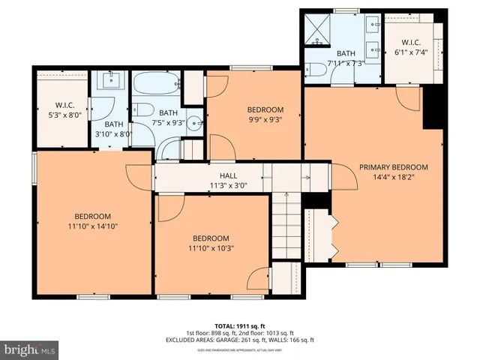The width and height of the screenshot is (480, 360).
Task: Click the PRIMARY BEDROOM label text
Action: [x=393, y=167]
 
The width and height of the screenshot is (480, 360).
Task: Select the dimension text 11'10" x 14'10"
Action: [x=93, y=225]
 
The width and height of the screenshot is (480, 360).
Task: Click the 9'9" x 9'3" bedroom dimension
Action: [x=265, y=119]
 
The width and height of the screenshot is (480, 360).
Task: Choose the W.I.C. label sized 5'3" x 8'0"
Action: [x=61, y=105]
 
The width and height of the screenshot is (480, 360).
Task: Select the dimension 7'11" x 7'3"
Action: [x=346, y=64]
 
